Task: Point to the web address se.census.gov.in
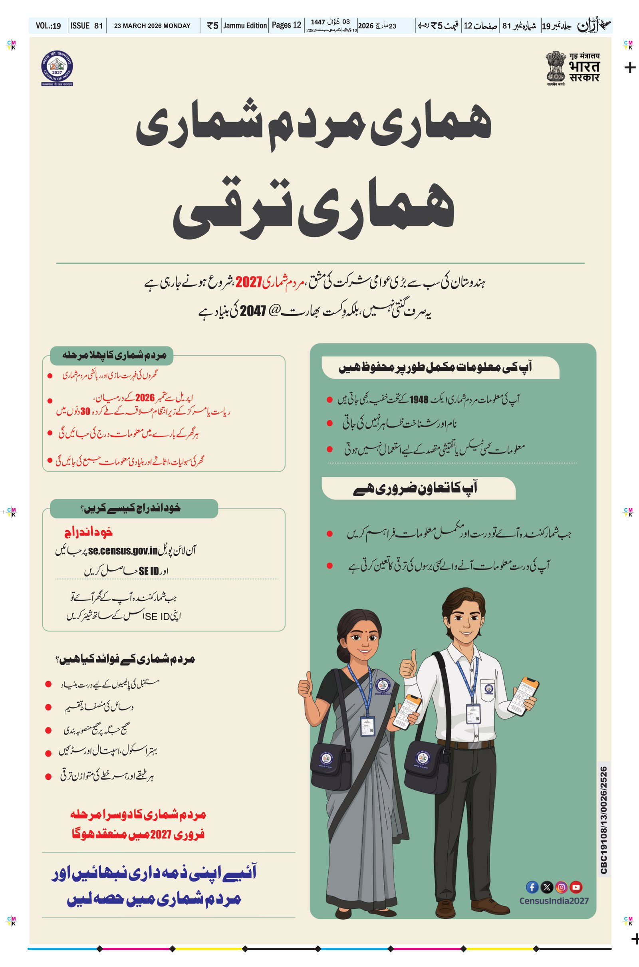pyautogui.click(x=123, y=551)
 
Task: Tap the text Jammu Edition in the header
pyautogui.click(x=245, y=26)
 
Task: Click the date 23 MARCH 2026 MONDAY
pyautogui.click(x=152, y=26)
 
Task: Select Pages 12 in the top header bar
pyautogui.click(x=286, y=25)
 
